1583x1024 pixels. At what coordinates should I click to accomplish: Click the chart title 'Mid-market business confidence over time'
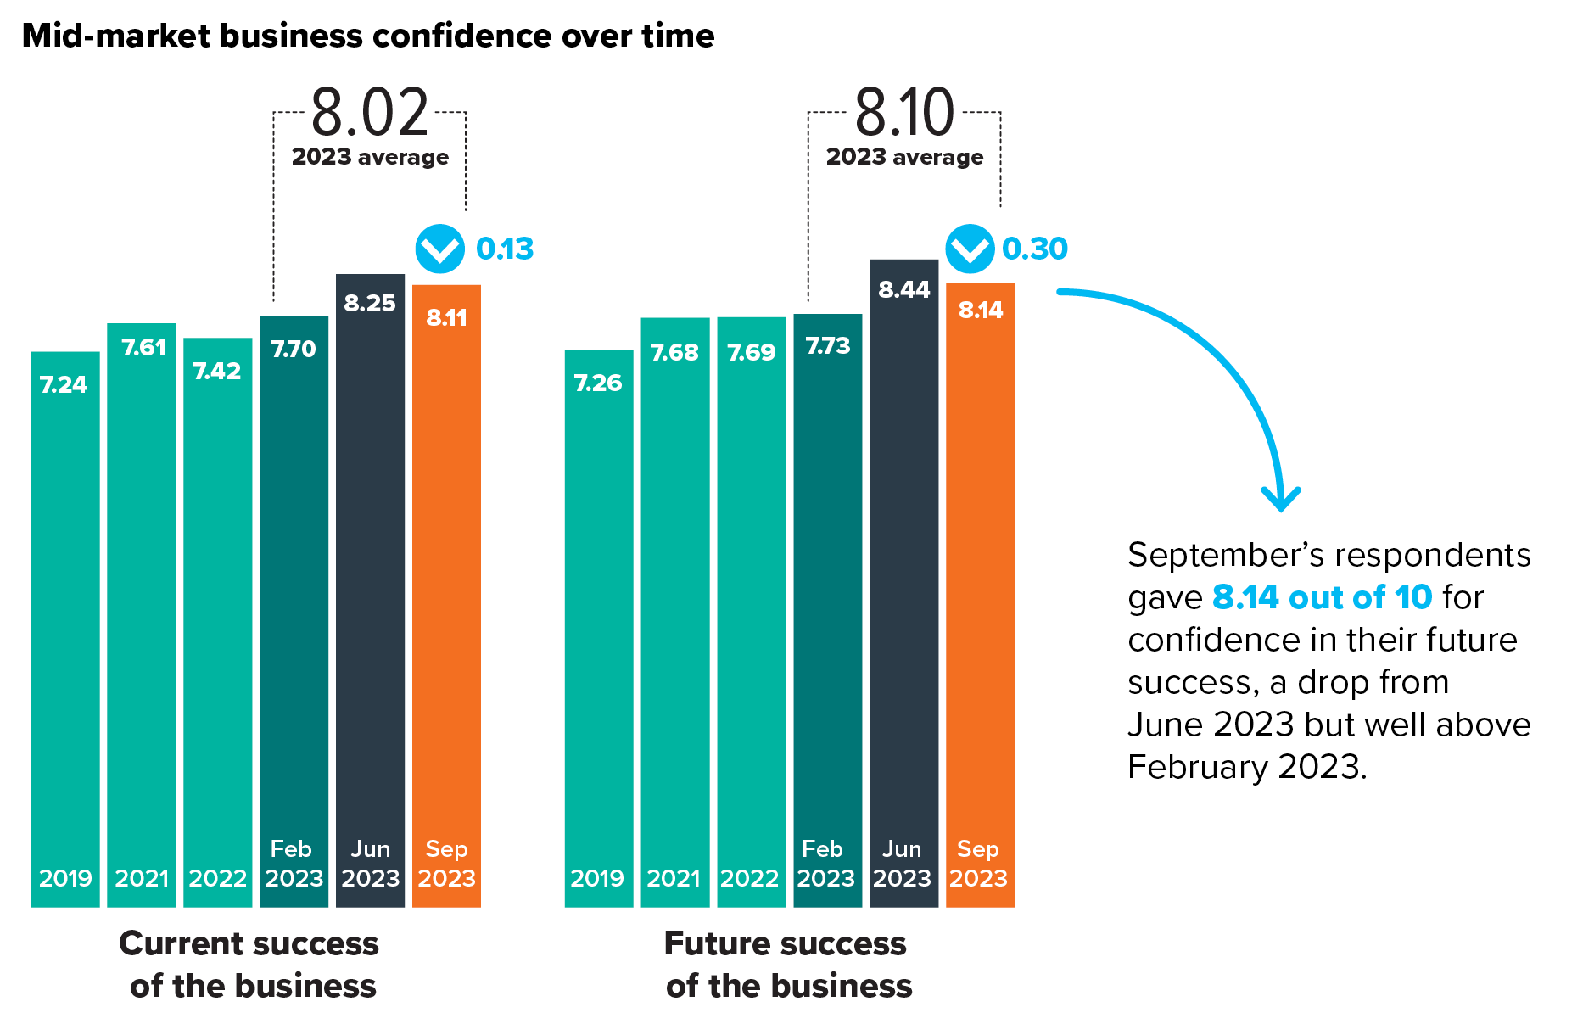point(368,36)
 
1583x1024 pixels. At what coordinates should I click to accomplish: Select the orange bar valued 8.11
point(446,594)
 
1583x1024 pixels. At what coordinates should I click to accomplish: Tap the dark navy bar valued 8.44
point(903,585)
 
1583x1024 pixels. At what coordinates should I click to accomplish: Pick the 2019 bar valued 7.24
point(65,628)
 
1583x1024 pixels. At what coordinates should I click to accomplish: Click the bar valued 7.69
point(751,611)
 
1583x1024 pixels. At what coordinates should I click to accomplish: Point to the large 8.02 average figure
point(370,113)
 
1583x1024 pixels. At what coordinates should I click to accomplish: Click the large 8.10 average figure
point(904,113)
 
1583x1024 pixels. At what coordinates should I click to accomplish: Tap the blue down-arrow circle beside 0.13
point(439,249)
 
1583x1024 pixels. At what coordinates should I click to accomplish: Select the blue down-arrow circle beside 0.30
point(970,249)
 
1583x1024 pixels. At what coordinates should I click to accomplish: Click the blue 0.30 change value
point(1035,249)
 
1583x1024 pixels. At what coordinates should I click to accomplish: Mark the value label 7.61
point(143,347)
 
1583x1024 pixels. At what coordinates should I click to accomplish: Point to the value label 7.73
point(827,345)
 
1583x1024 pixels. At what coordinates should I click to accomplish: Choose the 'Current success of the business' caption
point(250,965)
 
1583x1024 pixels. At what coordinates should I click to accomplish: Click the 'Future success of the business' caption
point(787,965)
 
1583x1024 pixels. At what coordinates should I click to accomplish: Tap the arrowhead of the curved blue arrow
point(1281,501)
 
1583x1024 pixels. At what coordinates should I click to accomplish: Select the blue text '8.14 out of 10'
point(1322,597)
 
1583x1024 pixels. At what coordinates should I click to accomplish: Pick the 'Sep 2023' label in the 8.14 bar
point(978,864)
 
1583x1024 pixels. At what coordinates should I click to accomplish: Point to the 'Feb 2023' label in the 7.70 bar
point(294,864)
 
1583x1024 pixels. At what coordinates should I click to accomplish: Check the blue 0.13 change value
point(505,249)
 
